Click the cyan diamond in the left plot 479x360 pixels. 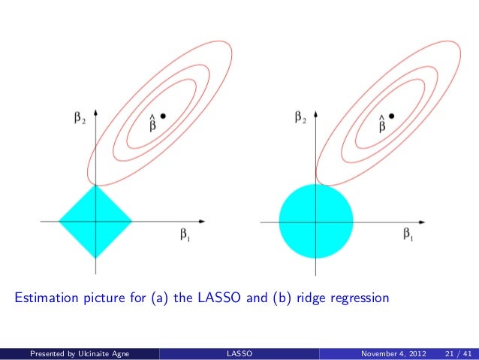click(x=96, y=221)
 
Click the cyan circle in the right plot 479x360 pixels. click(x=316, y=221)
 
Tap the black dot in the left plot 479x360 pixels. click(x=163, y=115)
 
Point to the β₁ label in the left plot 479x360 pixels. click(x=184, y=235)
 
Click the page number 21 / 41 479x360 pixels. click(x=459, y=352)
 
